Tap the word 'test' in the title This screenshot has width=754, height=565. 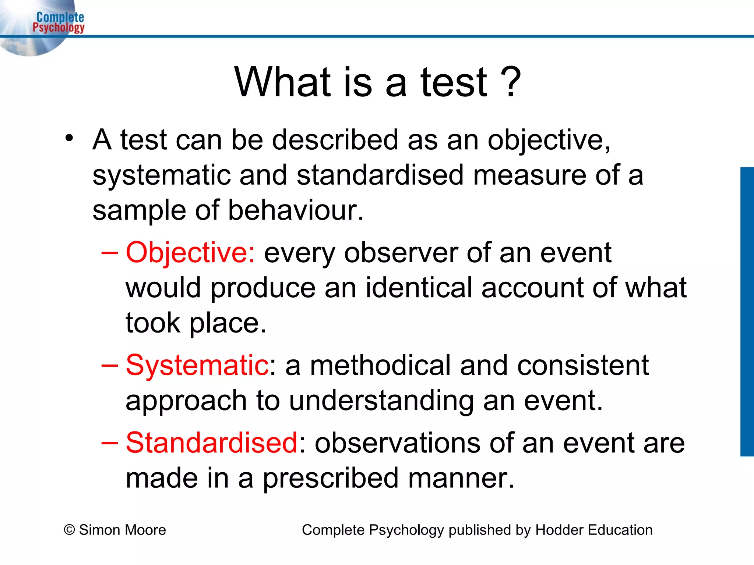454,82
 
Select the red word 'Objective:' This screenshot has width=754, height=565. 190,253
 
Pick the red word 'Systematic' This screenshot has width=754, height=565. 197,365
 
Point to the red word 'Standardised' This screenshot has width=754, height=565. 211,443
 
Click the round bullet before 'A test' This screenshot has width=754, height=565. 69,138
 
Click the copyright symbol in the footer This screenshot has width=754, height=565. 69,530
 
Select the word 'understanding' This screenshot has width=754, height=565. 381,401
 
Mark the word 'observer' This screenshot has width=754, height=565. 401,253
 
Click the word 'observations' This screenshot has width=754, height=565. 397,443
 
